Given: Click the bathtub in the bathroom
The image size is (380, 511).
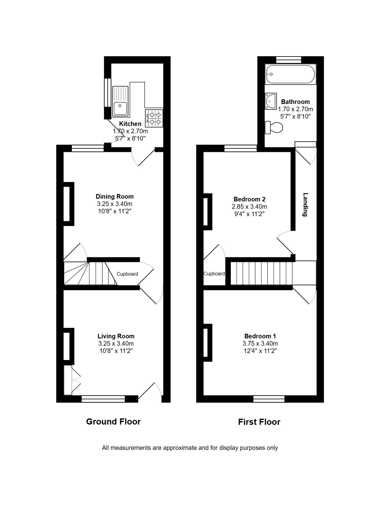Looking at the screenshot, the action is coord(290,74).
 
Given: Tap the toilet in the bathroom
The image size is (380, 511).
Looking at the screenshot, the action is coord(274,127).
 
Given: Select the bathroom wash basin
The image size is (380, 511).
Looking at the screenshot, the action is coord(271,101).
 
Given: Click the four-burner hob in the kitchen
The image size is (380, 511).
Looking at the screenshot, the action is coord(154,118).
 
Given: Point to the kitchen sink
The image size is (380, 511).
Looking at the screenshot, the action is coord(120,101).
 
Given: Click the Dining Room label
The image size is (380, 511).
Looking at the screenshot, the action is coord(115,197).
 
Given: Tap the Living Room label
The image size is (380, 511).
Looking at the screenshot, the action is coord(116,336).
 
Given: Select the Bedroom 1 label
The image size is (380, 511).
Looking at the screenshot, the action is coord(260,336).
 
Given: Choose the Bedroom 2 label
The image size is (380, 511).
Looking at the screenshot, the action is coord(249,199).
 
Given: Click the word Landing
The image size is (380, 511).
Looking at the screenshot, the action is coord(305,204).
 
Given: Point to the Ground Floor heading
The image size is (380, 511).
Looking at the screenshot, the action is coord(113,422).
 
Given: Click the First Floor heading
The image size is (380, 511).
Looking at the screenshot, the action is coord(259,422).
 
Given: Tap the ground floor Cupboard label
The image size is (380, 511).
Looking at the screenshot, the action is coord(127,274).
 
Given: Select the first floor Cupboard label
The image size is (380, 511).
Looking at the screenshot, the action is coord(214,274).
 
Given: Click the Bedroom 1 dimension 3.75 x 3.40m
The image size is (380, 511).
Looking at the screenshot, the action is coord(260,344).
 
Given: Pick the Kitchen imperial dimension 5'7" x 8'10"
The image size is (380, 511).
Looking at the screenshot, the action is coord(131,138).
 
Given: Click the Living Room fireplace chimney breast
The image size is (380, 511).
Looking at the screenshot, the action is coord(69,344).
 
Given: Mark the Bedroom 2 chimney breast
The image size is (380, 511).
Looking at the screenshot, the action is coord(208,212).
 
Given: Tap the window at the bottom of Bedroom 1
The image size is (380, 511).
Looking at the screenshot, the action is coord(269,399).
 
